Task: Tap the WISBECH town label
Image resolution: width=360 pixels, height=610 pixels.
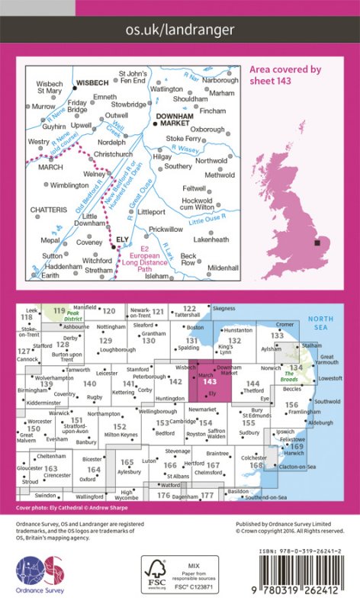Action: (x=92, y=84)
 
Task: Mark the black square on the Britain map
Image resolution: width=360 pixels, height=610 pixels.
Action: (x=316, y=243)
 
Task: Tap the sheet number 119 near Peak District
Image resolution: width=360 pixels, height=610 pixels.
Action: (x=59, y=310)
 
